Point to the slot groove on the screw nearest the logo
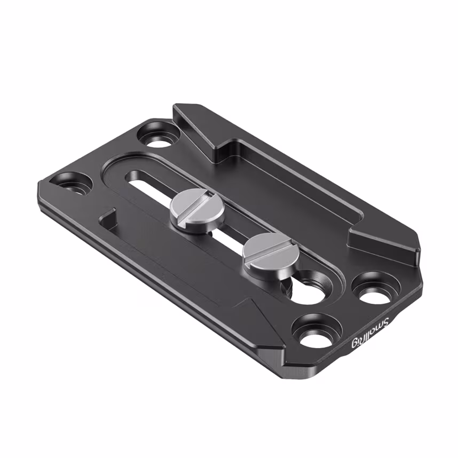(x=266, y=251)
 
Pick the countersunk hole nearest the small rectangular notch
(x=75, y=183)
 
